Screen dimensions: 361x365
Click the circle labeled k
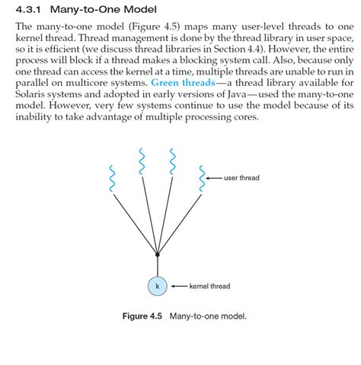[x=157, y=287]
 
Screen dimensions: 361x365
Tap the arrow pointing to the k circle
[x=177, y=287]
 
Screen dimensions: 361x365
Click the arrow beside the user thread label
[x=213, y=178]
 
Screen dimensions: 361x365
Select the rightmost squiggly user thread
[x=202, y=173]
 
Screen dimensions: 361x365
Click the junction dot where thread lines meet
[x=157, y=255]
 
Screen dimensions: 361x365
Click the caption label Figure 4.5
[x=142, y=314]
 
